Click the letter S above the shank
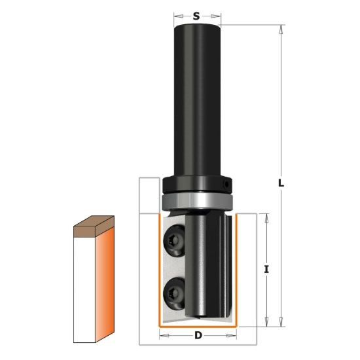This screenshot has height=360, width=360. point(196,16)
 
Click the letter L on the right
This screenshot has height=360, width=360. point(281,183)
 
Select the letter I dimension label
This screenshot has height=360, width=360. point(266,269)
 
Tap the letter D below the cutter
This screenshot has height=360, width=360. point(198,335)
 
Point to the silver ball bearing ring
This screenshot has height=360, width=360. point(197,201)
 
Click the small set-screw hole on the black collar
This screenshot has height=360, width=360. point(226,185)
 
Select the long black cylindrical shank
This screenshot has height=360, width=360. point(197,100)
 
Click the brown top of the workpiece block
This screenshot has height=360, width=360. point(94,226)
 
